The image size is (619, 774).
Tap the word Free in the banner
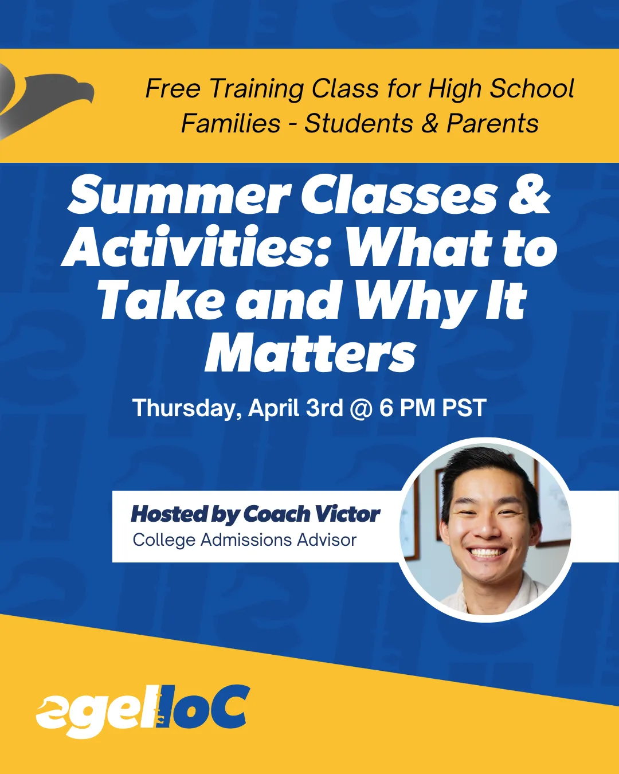[x=173, y=88]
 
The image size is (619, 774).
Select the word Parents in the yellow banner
[x=492, y=123]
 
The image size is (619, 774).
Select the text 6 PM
[x=408, y=408]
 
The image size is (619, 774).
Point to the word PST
[x=464, y=408]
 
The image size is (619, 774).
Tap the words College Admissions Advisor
[x=245, y=540]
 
